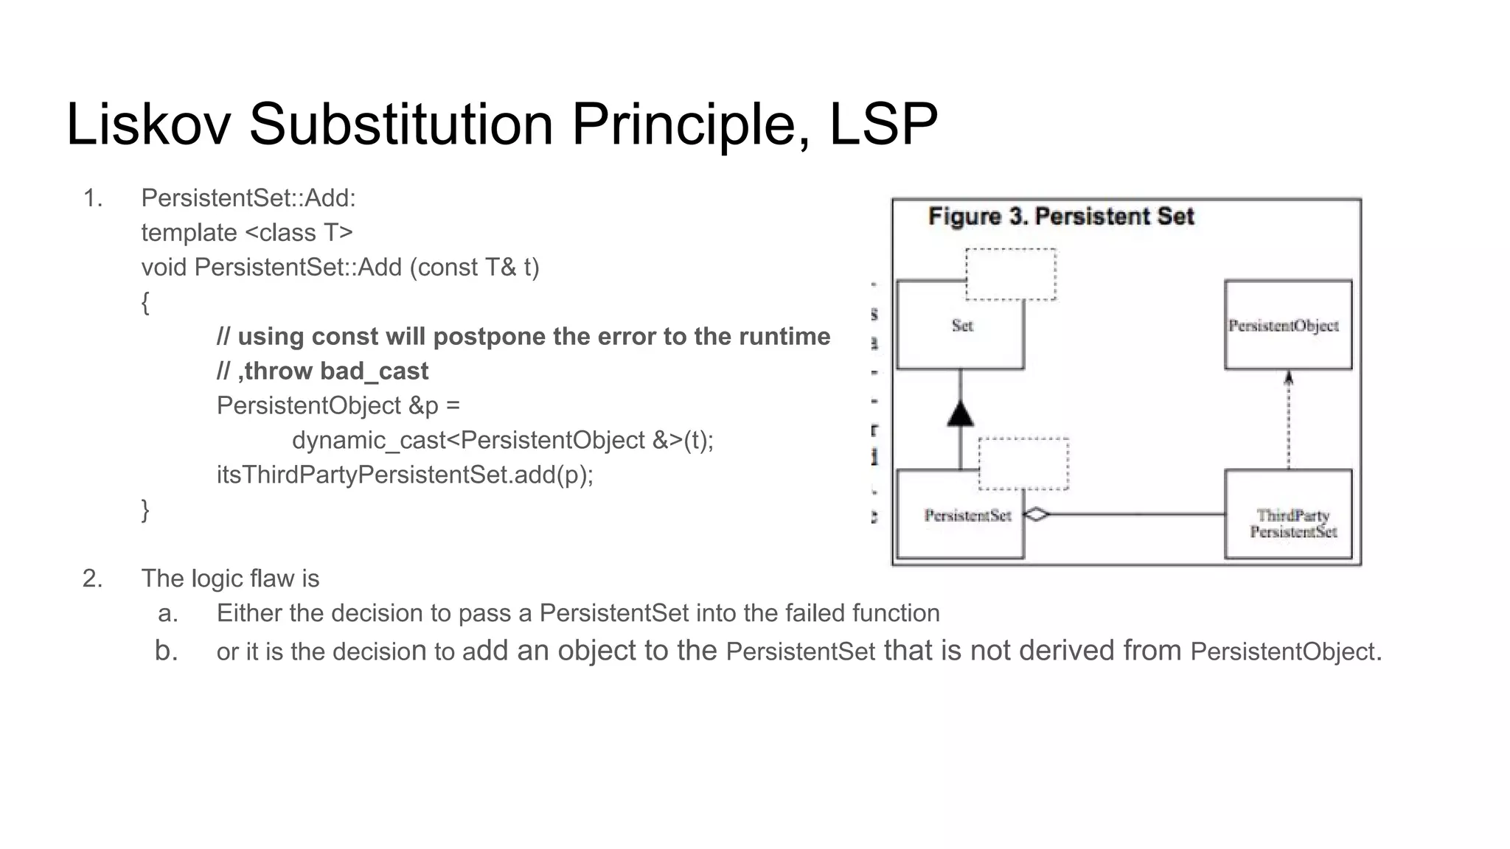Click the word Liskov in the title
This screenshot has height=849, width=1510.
click(148, 124)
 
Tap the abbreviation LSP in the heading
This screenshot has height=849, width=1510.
click(883, 124)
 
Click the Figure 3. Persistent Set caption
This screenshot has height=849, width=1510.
click(1060, 217)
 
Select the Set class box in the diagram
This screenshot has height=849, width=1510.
click(961, 326)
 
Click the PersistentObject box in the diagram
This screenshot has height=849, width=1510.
click(1287, 325)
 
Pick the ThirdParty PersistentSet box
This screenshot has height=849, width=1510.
click(1287, 523)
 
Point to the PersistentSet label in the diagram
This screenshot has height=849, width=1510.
click(967, 515)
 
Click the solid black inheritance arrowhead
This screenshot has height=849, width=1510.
click(960, 414)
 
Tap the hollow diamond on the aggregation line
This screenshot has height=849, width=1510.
click(1037, 514)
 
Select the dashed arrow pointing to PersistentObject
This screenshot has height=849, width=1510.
click(1288, 420)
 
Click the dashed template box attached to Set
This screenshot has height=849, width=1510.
click(1011, 274)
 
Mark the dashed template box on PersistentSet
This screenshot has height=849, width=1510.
click(1023, 464)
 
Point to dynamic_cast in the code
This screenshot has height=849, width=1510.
click(369, 440)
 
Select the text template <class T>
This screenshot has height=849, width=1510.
click(247, 233)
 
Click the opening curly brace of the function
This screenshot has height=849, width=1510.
click(145, 302)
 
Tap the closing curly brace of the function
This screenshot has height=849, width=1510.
click(145, 509)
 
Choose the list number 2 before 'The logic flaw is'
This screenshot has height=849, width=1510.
click(91, 579)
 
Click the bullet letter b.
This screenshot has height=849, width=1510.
click(166, 651)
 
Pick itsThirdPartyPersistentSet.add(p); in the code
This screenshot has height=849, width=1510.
click(405, 475)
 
